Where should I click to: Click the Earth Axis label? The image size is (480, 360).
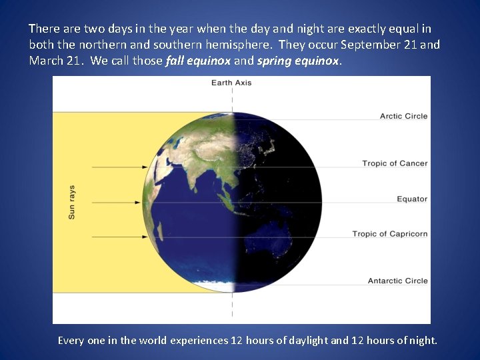[231, 83]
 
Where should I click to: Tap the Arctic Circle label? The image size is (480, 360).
[403, 116]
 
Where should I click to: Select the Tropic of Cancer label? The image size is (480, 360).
[395, 163]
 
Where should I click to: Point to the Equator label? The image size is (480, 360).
[411, 199]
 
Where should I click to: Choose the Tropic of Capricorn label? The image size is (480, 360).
[389, 234]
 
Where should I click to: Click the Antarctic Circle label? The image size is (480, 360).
[397, 281]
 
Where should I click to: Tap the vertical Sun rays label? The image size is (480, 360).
[71, 202]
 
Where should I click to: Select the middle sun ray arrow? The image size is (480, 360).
[114, 202]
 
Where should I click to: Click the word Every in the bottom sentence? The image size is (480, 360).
[71, 340]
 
